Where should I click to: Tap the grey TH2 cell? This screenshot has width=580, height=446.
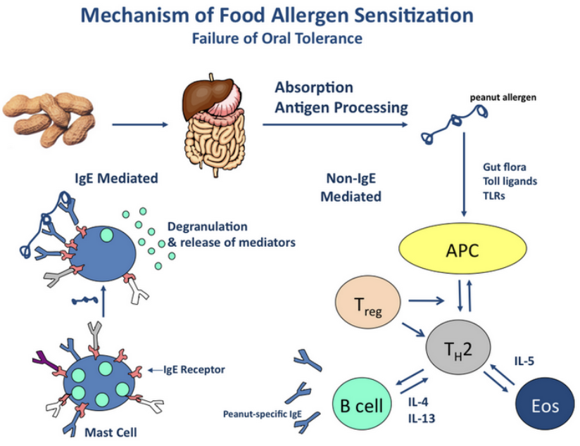(458, 347)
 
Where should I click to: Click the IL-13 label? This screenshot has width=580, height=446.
(421, 418)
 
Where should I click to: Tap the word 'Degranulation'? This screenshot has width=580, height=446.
(208, 227)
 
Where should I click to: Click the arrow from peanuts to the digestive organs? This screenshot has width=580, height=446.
(140, 126)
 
